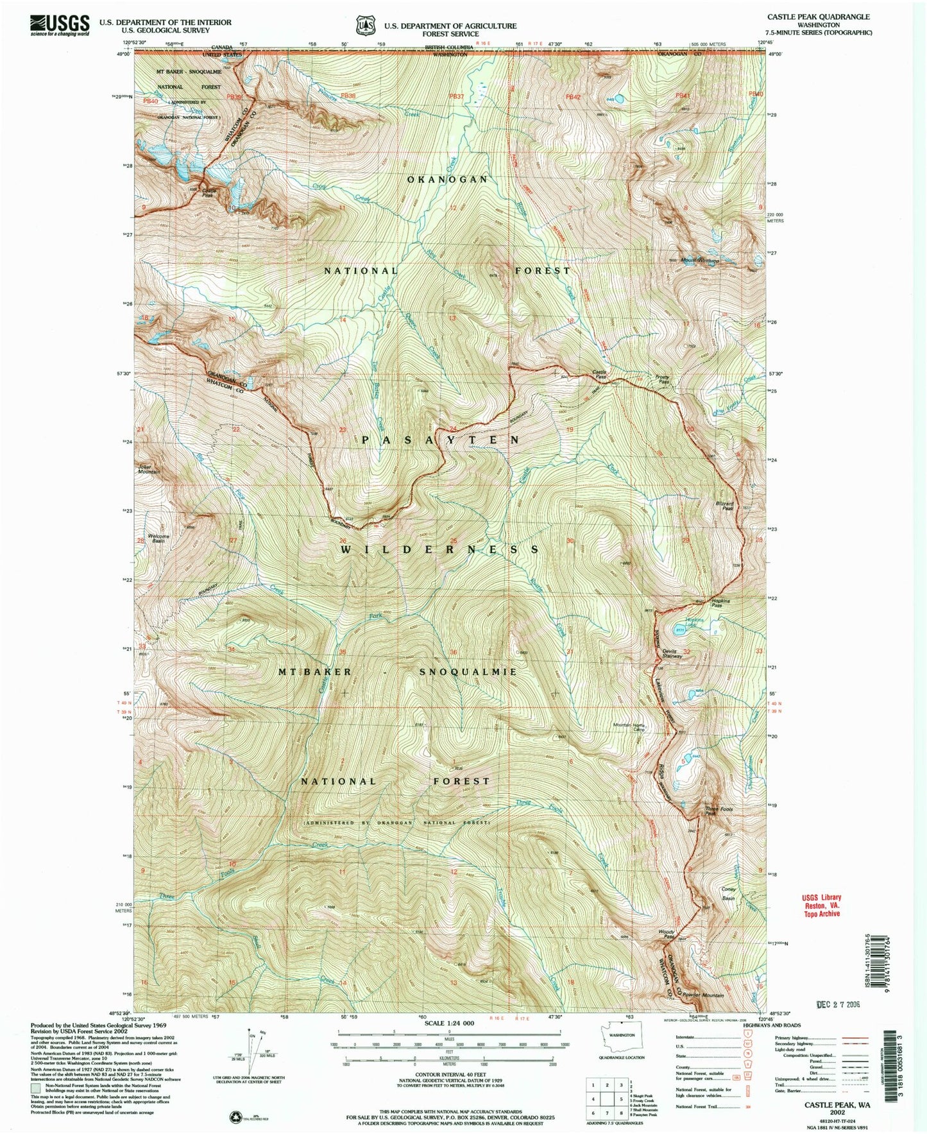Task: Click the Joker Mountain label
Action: [147, 468]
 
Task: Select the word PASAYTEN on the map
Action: [443, 440]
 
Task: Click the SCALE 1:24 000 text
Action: [449, 1023]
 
